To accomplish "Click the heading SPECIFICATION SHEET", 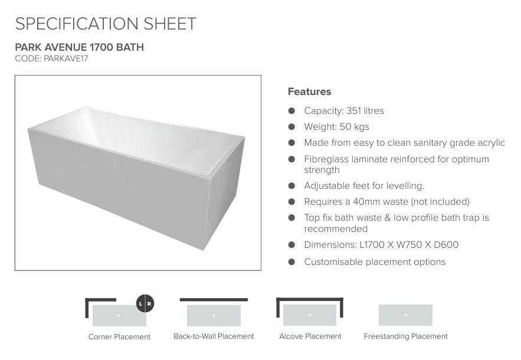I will tap(106, 24).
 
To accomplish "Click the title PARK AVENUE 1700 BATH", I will tap(79, 47).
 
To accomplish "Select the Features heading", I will tap(309, 91).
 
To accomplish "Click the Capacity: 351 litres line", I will tap(344, 111).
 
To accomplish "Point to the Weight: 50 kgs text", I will tap(336, 127).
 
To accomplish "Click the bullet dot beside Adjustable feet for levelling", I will tap(291, 186).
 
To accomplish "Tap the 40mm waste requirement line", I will tap(386, 202).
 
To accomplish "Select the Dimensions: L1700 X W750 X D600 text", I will tap(381, 245).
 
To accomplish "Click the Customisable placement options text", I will tap(375, 262).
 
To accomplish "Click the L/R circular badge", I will tap(145, 304).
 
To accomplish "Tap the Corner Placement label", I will tap(119, 337).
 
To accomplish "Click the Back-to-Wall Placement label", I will tap(214, 336).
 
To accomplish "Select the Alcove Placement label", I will tap(310, 336).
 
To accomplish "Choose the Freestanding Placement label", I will tap(405, 336).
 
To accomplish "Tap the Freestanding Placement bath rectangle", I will tap(405, 315).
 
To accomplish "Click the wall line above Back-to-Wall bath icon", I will tap(214, 300).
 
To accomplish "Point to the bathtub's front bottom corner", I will tap(204, 250).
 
